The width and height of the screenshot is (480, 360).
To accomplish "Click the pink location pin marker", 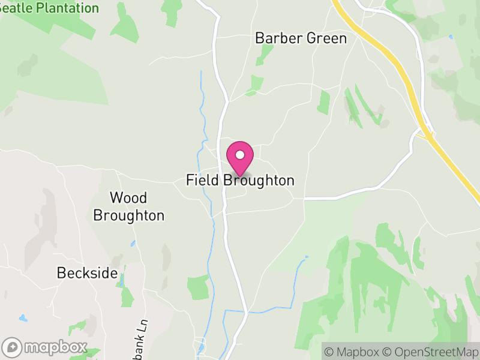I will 240,158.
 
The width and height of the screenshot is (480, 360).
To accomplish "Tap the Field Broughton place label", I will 240,181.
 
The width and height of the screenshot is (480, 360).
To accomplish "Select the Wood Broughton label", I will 128,206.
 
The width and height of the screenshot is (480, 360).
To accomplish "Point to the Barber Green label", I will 301,38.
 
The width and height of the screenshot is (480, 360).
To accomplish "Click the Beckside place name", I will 87,273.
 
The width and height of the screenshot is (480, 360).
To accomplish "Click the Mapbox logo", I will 45,347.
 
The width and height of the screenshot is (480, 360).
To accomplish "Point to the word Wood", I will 128,198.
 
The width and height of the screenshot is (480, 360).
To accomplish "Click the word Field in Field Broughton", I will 203,181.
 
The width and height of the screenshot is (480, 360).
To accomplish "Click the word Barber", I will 277,38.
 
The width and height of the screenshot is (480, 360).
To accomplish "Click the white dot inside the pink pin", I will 240,155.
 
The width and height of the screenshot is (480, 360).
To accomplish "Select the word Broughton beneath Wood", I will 128,215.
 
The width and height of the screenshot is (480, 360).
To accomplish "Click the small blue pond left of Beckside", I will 23,318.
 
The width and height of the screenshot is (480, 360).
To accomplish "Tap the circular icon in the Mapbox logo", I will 12,347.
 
